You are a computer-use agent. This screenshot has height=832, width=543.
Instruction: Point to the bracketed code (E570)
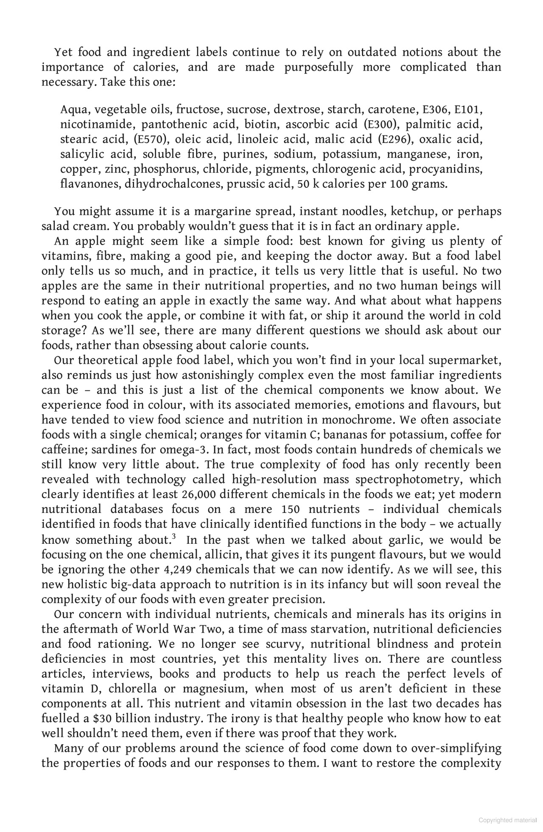pyautogui.click(x=149, y=139)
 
